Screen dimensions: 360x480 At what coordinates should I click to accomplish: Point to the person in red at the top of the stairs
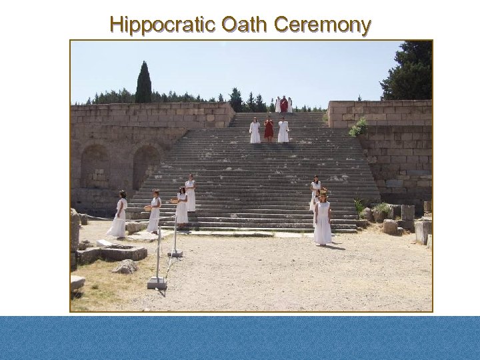284,105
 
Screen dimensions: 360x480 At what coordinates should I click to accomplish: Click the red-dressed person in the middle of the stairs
269,129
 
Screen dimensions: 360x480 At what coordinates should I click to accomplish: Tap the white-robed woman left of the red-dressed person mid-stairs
255,131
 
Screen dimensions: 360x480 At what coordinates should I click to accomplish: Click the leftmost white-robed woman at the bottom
119,214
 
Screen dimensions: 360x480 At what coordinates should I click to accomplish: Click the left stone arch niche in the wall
94,167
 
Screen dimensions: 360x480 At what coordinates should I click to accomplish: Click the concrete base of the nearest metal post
157,283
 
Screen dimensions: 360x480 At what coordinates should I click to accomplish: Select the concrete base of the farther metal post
175,253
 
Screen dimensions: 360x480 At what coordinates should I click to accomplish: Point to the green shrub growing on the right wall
359,127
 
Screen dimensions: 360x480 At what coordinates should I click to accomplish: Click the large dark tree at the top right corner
410,70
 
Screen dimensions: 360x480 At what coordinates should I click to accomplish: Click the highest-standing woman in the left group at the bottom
191,193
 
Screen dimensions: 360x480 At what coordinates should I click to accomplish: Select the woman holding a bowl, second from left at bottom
154,211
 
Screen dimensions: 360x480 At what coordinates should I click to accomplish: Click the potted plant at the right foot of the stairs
381,211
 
